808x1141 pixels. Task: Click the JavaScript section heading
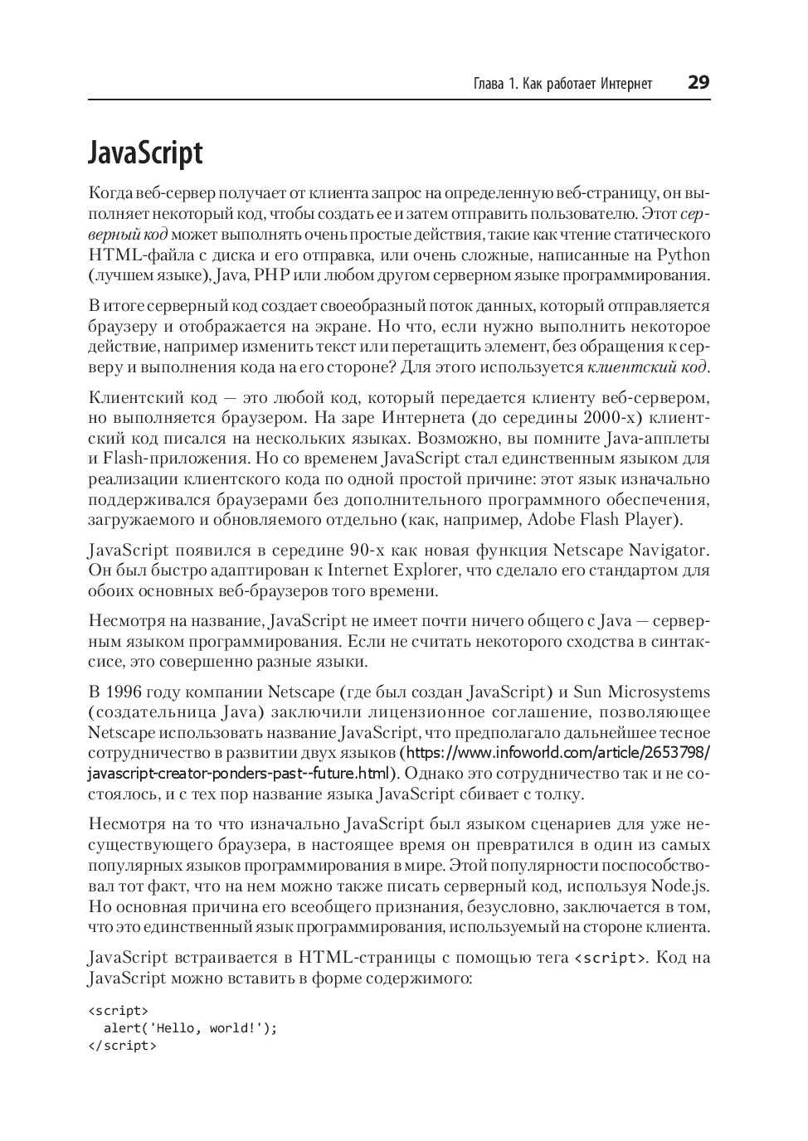pos(145,154)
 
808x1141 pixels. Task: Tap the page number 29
pos(698,83)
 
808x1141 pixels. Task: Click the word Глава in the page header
pos(489,84)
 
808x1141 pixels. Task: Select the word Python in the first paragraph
pos(683,255)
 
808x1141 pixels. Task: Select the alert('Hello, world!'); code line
pos(190,1028)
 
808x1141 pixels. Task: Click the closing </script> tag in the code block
pos(122,1046)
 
